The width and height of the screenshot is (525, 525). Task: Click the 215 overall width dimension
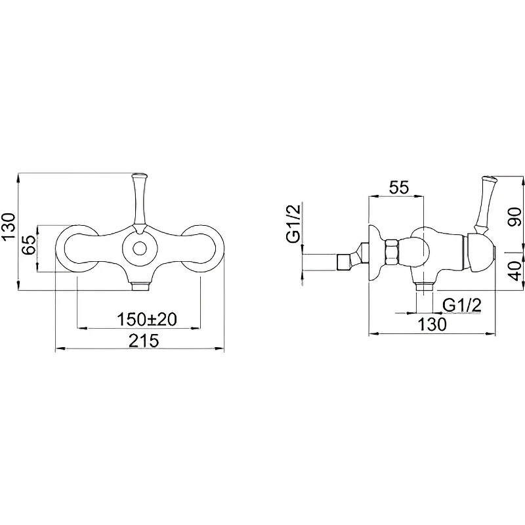pyautogui.click(x=144, y=341)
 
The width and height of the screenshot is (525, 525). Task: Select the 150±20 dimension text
pyautogui.click(x=146, y=320)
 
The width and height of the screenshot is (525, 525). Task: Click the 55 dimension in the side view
pyautogui.click(x=399, y=188)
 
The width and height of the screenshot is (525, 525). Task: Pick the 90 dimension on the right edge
pyautogui.click(x=516, y=217)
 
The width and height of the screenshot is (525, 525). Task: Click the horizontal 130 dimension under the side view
pyautogui.click(x=432, y=324)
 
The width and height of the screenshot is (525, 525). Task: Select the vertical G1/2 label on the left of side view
pyautogui.click(x=294, y=223)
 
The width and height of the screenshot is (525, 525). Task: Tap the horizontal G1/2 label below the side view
pyautogui.click(x=462, y=305)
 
